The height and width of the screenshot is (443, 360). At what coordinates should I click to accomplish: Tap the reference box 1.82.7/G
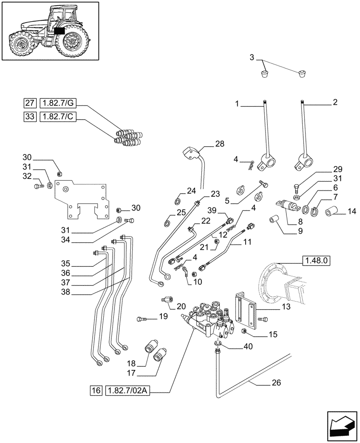[58, 104]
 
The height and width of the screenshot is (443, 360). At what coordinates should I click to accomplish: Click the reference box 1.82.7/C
[58, 117]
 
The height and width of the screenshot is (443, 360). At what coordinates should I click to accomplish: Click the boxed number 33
[30, 117]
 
